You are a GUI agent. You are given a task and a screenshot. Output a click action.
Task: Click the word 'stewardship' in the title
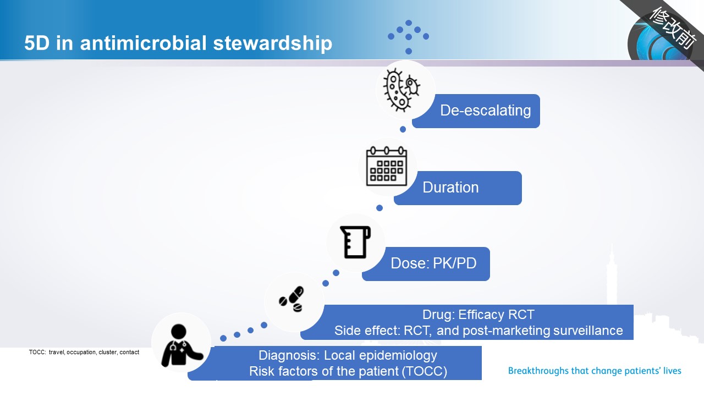[272, 43]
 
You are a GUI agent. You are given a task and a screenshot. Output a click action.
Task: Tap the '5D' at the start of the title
[37, 43]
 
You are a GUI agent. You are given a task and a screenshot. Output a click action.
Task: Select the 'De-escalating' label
[485, 111]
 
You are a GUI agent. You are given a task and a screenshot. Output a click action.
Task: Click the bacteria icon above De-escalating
[402, 90]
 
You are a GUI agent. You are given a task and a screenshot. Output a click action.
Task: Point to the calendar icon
[387, 166]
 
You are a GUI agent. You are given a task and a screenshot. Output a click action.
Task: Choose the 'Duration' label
[450, 188]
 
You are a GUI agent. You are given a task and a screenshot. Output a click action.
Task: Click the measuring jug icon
[355, 242]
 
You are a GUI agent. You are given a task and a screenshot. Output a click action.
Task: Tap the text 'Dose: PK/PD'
[433, 263]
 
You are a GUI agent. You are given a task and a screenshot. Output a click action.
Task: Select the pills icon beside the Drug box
[291, 299]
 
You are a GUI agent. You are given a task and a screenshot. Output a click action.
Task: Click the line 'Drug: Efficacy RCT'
[478, 315]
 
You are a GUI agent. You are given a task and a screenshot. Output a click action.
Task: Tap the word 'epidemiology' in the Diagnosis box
[398, 356]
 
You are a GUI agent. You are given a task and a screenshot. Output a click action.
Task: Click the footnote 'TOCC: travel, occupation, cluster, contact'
[84, 353]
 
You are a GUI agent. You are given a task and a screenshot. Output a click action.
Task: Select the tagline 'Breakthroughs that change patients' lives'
[595, 371]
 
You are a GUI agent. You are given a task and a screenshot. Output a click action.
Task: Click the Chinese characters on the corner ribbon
[673, 28]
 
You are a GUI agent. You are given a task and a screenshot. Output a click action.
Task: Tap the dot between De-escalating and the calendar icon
[403, 129]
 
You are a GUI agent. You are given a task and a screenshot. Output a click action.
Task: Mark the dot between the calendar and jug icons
[380, 208]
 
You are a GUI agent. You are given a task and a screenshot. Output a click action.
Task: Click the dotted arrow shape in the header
[409, 37]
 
